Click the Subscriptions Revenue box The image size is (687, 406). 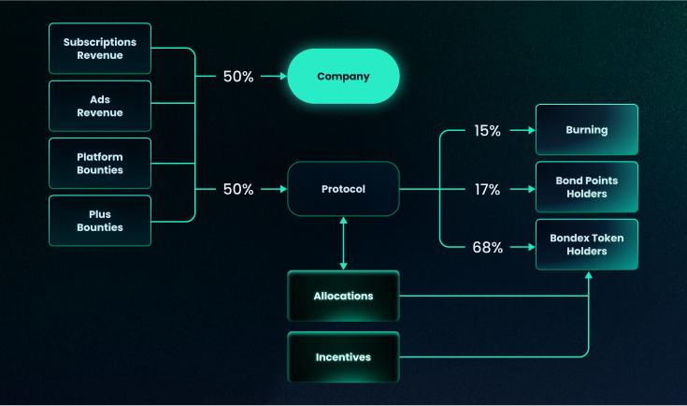[100, 49]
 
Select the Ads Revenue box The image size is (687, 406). [100, 106]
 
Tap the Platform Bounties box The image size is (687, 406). [100, 164]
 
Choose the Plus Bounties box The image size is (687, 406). [100, 221]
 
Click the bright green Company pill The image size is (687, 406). [343, 76]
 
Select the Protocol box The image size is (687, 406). [343, 189]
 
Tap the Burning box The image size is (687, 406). [586, 130]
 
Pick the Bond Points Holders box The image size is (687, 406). [586, 187]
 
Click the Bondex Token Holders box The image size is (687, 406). [586, 244]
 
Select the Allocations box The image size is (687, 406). [343, 296]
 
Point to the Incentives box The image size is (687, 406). [343, 356]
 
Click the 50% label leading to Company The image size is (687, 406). [238, 77]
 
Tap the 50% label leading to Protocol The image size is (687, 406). [238, 189]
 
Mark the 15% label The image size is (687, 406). [488, 131]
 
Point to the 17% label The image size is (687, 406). [488, 189]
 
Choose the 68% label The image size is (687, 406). [488, 248]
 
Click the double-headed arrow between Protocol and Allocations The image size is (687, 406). [344, 243]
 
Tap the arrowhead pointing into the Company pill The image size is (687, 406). [280, 77]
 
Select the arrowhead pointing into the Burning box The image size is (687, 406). [529, 131]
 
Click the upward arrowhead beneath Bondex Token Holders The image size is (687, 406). [589, 276]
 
